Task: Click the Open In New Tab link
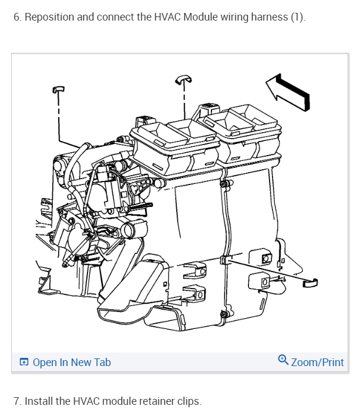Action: pos(71,363)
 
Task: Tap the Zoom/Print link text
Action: pos(317,363)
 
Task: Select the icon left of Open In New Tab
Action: pos(23,363)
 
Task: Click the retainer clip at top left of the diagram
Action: pos(58,89)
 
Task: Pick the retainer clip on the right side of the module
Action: pos(309,283)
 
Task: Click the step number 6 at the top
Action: pos(16,16)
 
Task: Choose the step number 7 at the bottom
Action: pos(16,401)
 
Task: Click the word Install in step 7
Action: pos(39,401)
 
